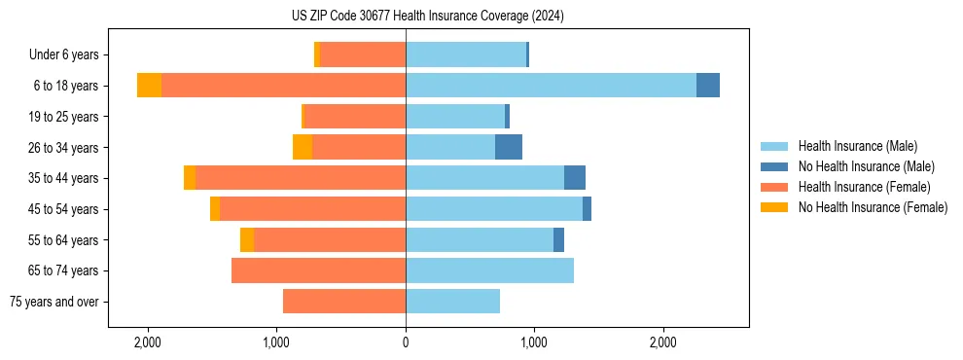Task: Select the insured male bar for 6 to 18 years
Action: click(x=551, y=86)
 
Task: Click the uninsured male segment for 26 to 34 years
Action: click(x=509, y=147)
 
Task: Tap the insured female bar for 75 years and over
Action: click(x=344, y=302)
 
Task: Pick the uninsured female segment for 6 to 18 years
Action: click(x=149, y=86)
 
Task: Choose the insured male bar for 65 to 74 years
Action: click(x=489, y=270)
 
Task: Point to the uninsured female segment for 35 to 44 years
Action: click(x=190, y=178)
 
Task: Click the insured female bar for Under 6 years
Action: click(x=363, y=54)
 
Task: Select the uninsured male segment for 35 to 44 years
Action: click(x=575, y=178)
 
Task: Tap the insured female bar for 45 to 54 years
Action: click(x=312, y=209)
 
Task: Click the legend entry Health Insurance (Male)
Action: click(x=857, y=146)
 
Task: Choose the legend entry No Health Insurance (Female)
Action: click(x=873, y=207)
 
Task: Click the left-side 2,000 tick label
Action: click(x=148, y=342)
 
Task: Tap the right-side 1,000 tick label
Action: click(x=534, y=342)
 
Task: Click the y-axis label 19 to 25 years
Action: click(x=64, y=117)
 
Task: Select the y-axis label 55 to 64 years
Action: click(x=64, y=240)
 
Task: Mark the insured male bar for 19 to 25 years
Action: click(x=455, y=117)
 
